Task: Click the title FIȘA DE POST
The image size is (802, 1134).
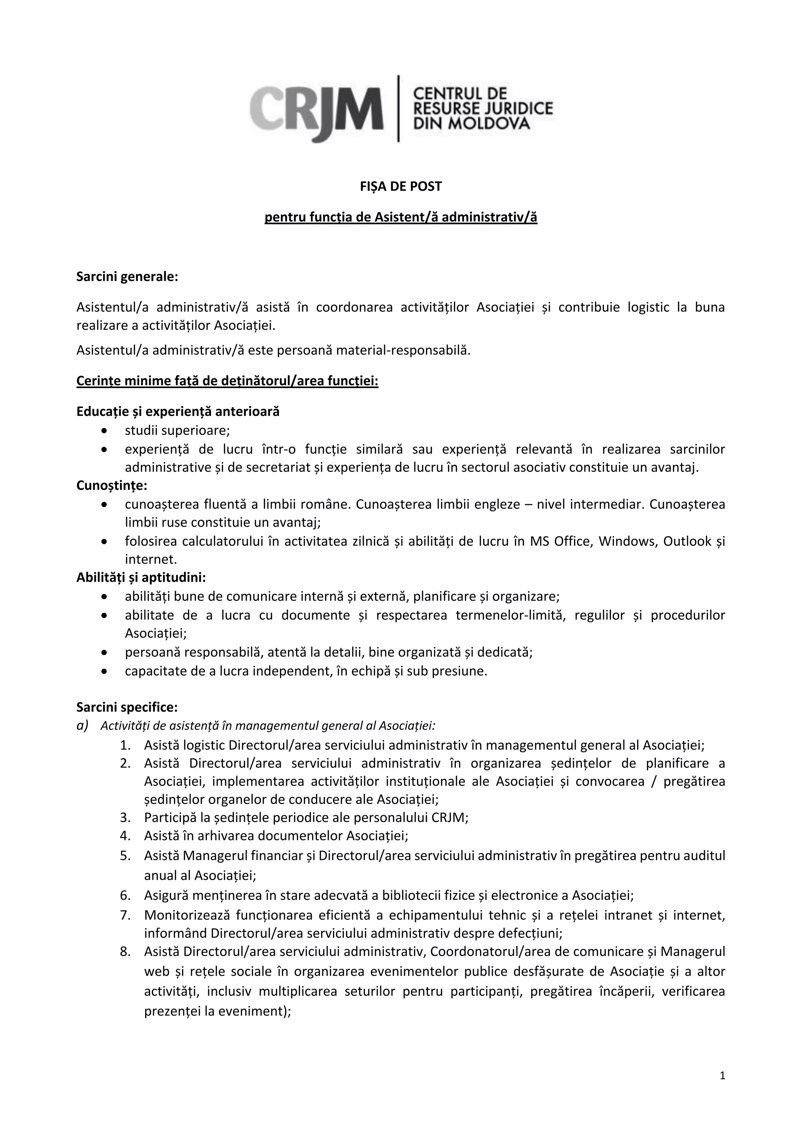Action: (401, 186)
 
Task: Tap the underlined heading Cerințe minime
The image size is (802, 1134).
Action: (227, 381)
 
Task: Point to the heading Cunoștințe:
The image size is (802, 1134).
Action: (112, 486)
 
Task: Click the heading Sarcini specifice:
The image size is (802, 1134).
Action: (127, 707)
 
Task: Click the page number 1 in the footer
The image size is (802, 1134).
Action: (723, 1076)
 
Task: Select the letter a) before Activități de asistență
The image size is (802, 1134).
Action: (82, 726)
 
